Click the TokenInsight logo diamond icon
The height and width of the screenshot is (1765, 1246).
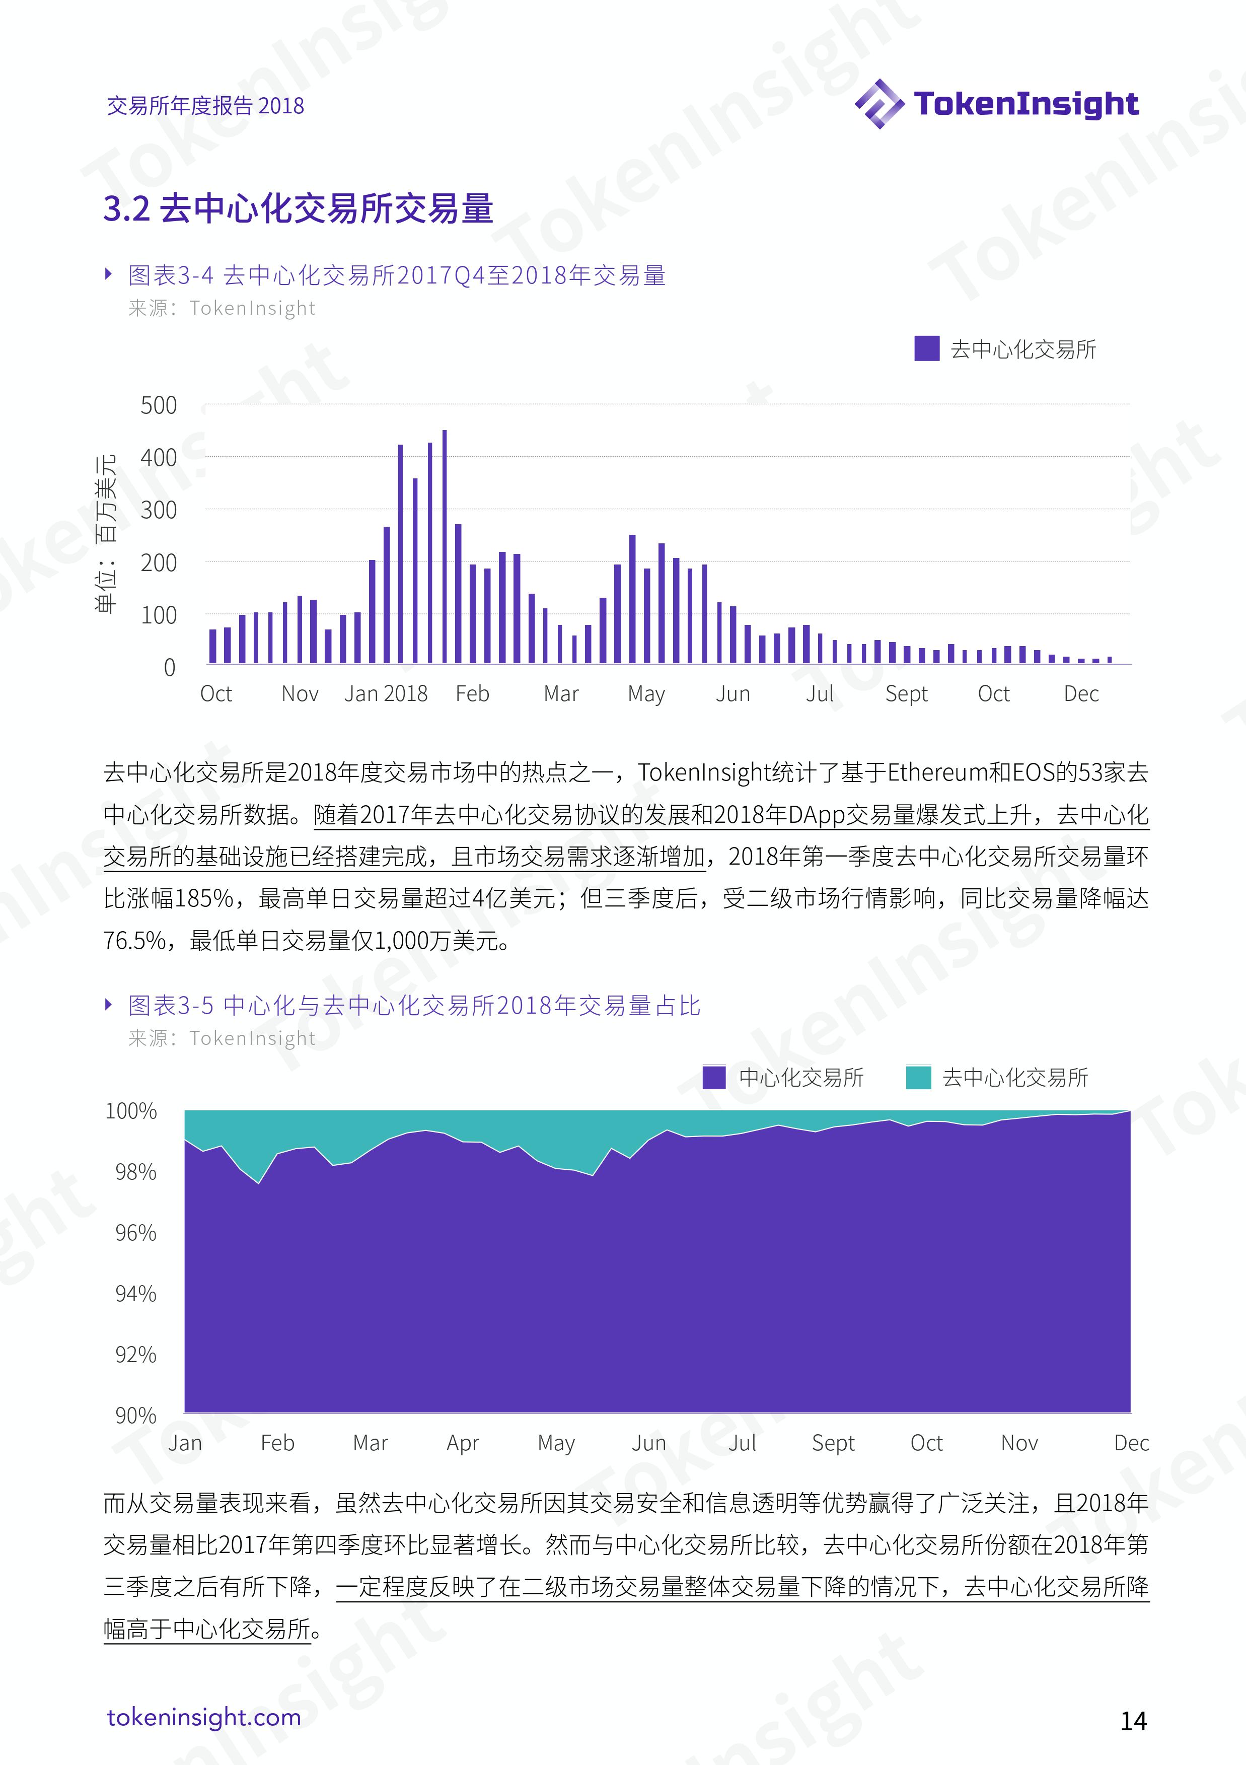879,104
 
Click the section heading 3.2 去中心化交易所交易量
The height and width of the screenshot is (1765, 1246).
298,208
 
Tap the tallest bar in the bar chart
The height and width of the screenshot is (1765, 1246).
445,546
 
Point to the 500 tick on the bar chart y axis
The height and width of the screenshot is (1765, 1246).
159,405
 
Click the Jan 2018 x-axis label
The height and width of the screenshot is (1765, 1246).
386,693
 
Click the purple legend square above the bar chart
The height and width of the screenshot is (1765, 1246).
927,348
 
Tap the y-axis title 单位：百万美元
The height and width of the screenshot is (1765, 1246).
105,533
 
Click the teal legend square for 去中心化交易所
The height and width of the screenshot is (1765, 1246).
919,1077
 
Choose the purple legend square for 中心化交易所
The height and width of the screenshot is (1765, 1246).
714,1077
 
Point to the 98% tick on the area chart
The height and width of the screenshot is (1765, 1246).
136,1171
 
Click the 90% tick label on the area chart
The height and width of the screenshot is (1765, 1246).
136,1415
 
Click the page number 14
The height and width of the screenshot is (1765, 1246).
1134,1720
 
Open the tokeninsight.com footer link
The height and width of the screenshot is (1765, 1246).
204,1718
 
